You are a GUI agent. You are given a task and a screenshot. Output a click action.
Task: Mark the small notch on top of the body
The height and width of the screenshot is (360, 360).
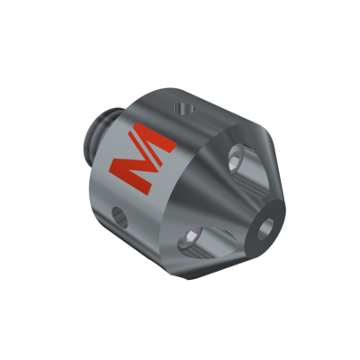coord(184,108)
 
